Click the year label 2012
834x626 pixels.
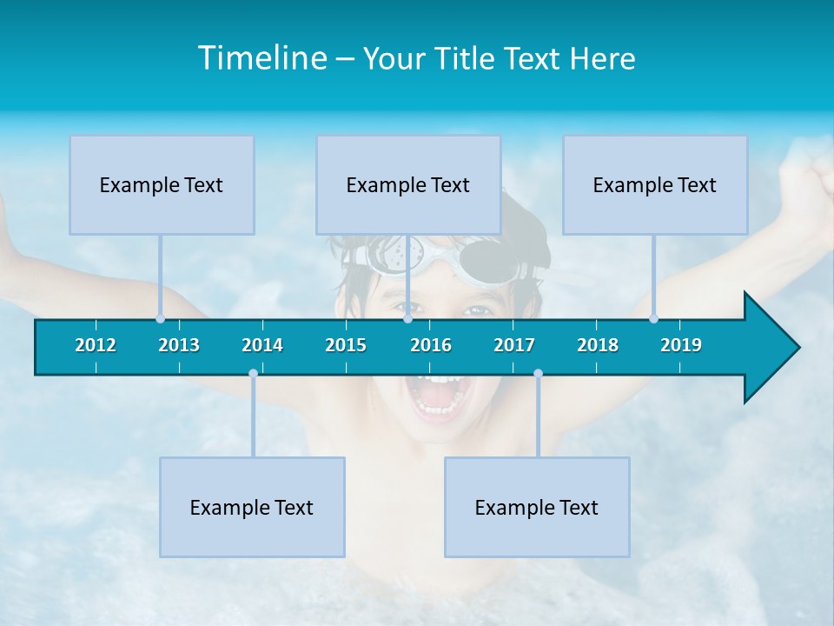coord(96,345)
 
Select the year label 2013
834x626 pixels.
coord(179,345)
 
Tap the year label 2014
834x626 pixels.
coord(262,345)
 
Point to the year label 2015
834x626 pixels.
coord(346,345)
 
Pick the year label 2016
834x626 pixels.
coord(431,345)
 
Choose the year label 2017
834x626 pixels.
coord(514,345)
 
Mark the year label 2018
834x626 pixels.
coord(598,345)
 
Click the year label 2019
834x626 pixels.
coord(681,345)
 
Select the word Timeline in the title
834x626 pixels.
coord(261,58)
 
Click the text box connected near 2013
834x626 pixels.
coord(162,184)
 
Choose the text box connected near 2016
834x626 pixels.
coord(408,184)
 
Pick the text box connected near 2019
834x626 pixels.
coord(655,184)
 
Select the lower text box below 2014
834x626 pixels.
coord(252,507)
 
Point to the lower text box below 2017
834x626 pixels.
coord(537,507)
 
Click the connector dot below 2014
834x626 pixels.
coord(253,374)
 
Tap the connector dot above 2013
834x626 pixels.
coord(161,318)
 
